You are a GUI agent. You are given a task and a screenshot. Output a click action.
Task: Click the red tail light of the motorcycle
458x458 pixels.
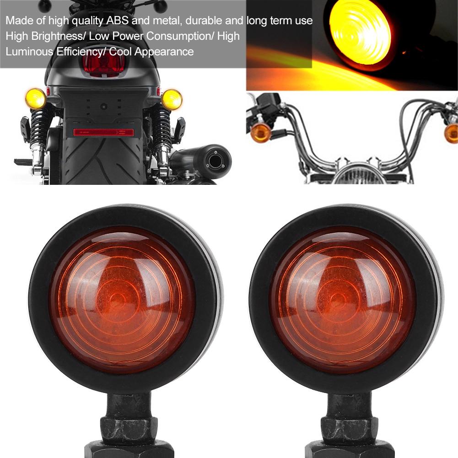pos(103,65)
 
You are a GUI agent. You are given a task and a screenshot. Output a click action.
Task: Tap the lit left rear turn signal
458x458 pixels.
pos(36,98)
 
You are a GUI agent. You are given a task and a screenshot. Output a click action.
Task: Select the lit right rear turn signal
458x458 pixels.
pos(172,99)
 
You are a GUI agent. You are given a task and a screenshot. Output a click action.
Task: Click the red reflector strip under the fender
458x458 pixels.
pos(103,132)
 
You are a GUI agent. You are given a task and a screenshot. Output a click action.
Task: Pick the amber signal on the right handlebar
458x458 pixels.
pos(451,133)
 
